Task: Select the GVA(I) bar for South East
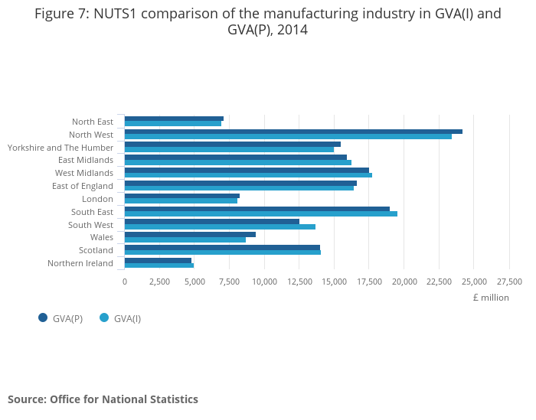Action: click(260, 213)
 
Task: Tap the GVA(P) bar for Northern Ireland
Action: click(158, 260)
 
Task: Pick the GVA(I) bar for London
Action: click(181, 201)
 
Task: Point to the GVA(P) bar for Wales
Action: click(190, 234)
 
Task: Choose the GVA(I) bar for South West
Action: click(220, 226)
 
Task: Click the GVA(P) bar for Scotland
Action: click(222, 247)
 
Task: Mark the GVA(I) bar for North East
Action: click(173, 123)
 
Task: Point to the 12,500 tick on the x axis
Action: click(299, 282)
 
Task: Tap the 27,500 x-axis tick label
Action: click(509, 282)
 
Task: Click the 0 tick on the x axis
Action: click(125, 282)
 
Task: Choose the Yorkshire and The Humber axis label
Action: click(60, 147)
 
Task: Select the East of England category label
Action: click(83, 186)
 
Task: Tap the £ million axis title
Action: click(490, 298)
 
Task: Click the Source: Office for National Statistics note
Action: click(103, 399)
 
